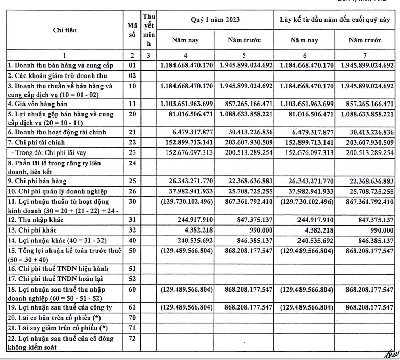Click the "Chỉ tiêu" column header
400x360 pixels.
65,30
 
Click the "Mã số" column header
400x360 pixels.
132,30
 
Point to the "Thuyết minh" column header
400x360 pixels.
148,30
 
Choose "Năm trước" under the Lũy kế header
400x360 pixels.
365,40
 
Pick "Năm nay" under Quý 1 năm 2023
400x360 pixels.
185,40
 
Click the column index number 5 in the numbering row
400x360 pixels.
244,55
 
